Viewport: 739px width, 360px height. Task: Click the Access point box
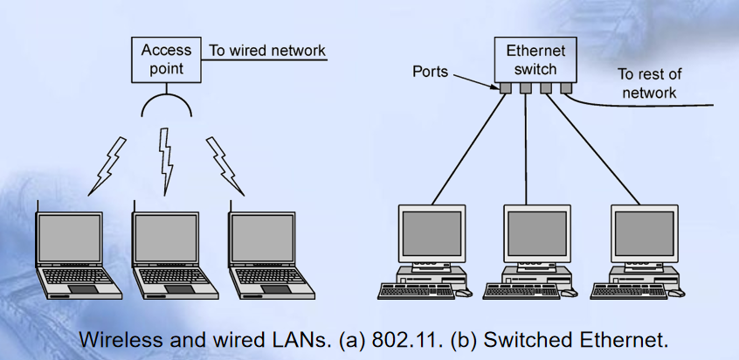point(166,59)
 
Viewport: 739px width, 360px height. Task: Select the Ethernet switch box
point(535,59)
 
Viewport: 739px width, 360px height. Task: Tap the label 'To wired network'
point(267,51)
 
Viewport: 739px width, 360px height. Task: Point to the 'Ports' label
point(430,71)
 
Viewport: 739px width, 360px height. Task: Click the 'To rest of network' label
point(649,83)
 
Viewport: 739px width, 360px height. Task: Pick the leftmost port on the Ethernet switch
point(505,87)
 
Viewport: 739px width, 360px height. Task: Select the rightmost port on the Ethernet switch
point(565,87)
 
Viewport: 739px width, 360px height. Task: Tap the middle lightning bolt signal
point(165,161)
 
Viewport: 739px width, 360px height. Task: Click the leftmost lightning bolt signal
point(107,166)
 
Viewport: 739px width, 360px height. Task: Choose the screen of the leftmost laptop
point(69,238)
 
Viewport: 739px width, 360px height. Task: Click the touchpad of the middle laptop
point(179,289)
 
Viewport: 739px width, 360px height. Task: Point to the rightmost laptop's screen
point(261,238)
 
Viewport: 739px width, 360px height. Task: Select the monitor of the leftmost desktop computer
point(432,233)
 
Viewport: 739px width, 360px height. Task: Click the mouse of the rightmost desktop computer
point(677,293)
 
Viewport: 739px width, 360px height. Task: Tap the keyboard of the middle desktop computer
point(522,291)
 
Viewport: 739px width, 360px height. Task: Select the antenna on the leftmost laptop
point(38,206)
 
